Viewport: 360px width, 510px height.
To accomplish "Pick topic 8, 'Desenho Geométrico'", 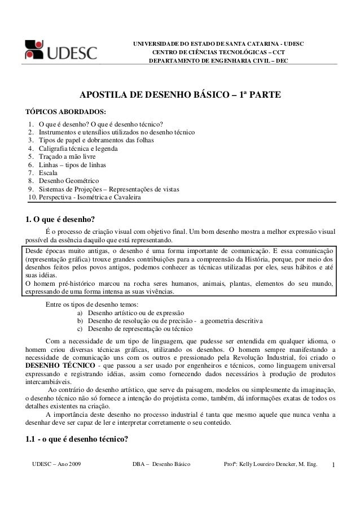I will [65, 181].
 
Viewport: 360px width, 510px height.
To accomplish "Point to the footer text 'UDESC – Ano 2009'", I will [56, 464].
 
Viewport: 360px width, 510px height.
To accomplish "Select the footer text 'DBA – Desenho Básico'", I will [162, 464].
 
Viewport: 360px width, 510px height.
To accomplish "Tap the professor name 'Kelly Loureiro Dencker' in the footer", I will [270, 464].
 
